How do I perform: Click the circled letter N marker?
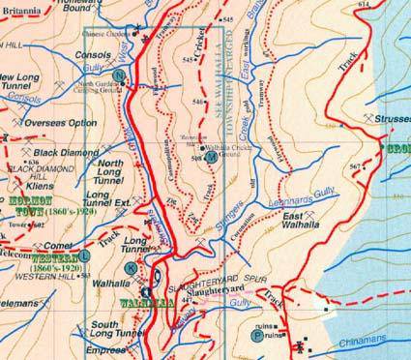[118, 75]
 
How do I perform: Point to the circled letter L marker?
[85, 255]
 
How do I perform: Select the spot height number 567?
[356, 167]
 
